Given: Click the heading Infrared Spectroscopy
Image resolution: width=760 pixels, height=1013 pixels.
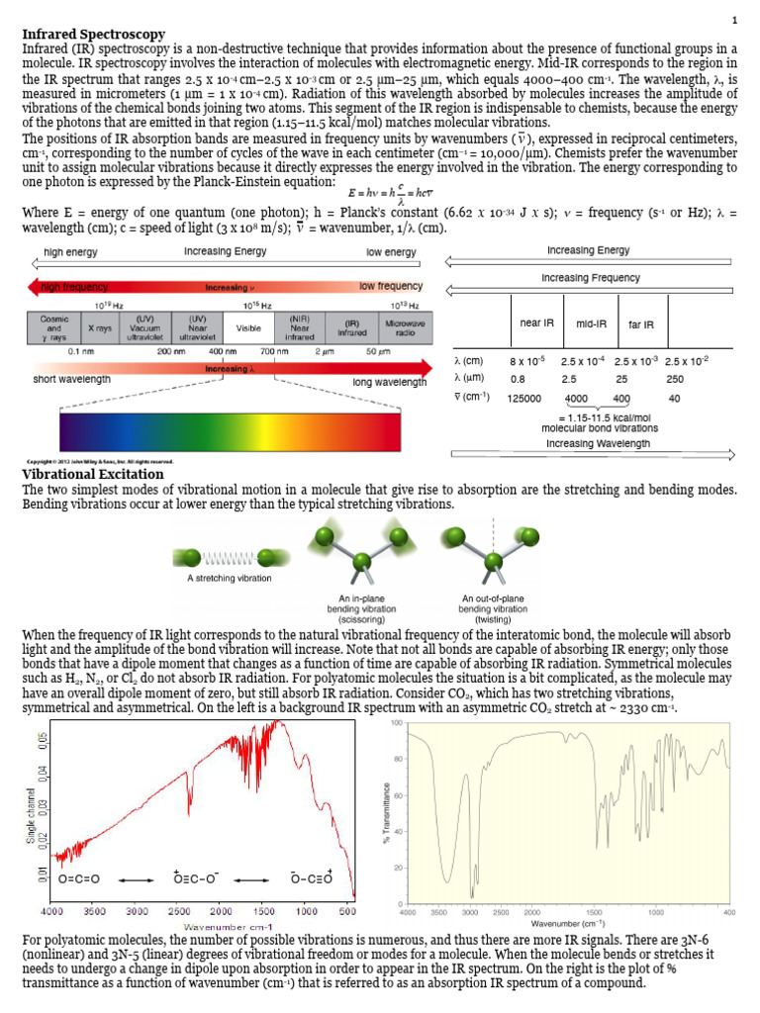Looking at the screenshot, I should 93,35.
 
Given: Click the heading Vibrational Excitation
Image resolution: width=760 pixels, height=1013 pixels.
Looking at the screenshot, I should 93,475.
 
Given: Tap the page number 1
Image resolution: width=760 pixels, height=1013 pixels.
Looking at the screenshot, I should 734,21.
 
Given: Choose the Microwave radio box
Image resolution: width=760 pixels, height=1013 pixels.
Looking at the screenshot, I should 406,327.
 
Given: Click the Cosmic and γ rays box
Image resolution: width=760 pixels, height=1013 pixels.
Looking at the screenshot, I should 53,327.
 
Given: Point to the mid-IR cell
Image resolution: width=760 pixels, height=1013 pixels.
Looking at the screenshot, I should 591,323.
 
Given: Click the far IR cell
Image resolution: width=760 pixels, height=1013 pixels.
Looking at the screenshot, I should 641,323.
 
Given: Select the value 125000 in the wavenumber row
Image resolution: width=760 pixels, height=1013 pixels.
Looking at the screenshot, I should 523,399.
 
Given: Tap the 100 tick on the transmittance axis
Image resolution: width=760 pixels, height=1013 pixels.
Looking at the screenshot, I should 397,724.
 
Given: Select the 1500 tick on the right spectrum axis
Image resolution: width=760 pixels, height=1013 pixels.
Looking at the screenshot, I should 595,912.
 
